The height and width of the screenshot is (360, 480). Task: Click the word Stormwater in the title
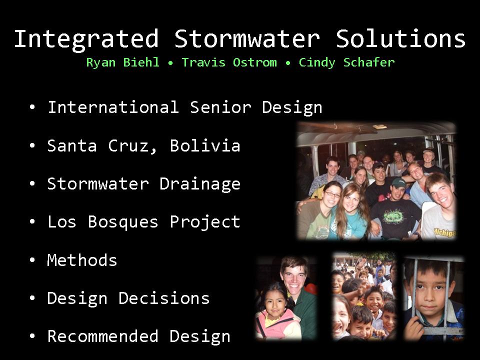(x=247, y=38)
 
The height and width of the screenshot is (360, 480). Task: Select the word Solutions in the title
(x=400, y=38)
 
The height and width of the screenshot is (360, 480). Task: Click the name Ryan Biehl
(x=123, y=62)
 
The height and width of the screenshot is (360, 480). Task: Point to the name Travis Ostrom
(x=229, y=62)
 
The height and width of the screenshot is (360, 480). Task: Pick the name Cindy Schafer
(x=347, y=62)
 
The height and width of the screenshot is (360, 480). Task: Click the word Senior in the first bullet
(x=220, y=107)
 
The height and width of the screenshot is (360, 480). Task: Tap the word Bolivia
(x=205, y=145)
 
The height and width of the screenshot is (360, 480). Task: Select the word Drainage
(x=200, y=184)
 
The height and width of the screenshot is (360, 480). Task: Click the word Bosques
(x=123, y=222)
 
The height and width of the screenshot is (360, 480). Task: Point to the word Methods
(x=82, y=260)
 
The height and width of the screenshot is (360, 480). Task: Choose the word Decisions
(x=164, y=298)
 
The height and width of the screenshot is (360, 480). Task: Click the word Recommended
(x=103, y=336)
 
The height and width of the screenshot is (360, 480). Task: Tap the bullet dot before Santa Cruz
(x=32, y=145)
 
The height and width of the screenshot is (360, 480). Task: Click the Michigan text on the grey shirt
(x=444, y=232)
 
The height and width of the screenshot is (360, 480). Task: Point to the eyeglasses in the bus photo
(x=332, y=194)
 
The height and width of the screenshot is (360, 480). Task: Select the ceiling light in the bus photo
(x=379, y=126)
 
